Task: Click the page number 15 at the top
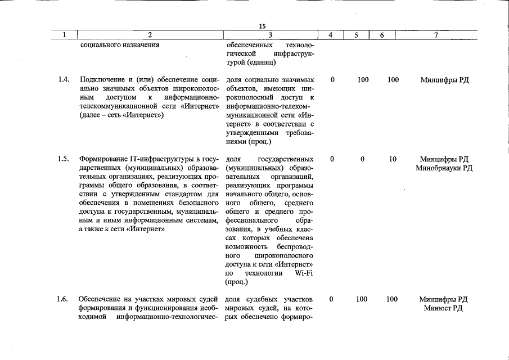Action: coord(262,26)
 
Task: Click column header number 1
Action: coord(64,35)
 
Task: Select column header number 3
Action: coord(271,35)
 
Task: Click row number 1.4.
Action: coord(64,80)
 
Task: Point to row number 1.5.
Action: coord(64,159)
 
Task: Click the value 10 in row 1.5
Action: coord(393,159)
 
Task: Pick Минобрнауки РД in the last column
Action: coord(444,168)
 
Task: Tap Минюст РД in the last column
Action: coord(444,308)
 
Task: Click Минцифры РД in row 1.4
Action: coord(444,80)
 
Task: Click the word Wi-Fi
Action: coord(304,273)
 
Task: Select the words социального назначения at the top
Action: coord(120,44)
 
